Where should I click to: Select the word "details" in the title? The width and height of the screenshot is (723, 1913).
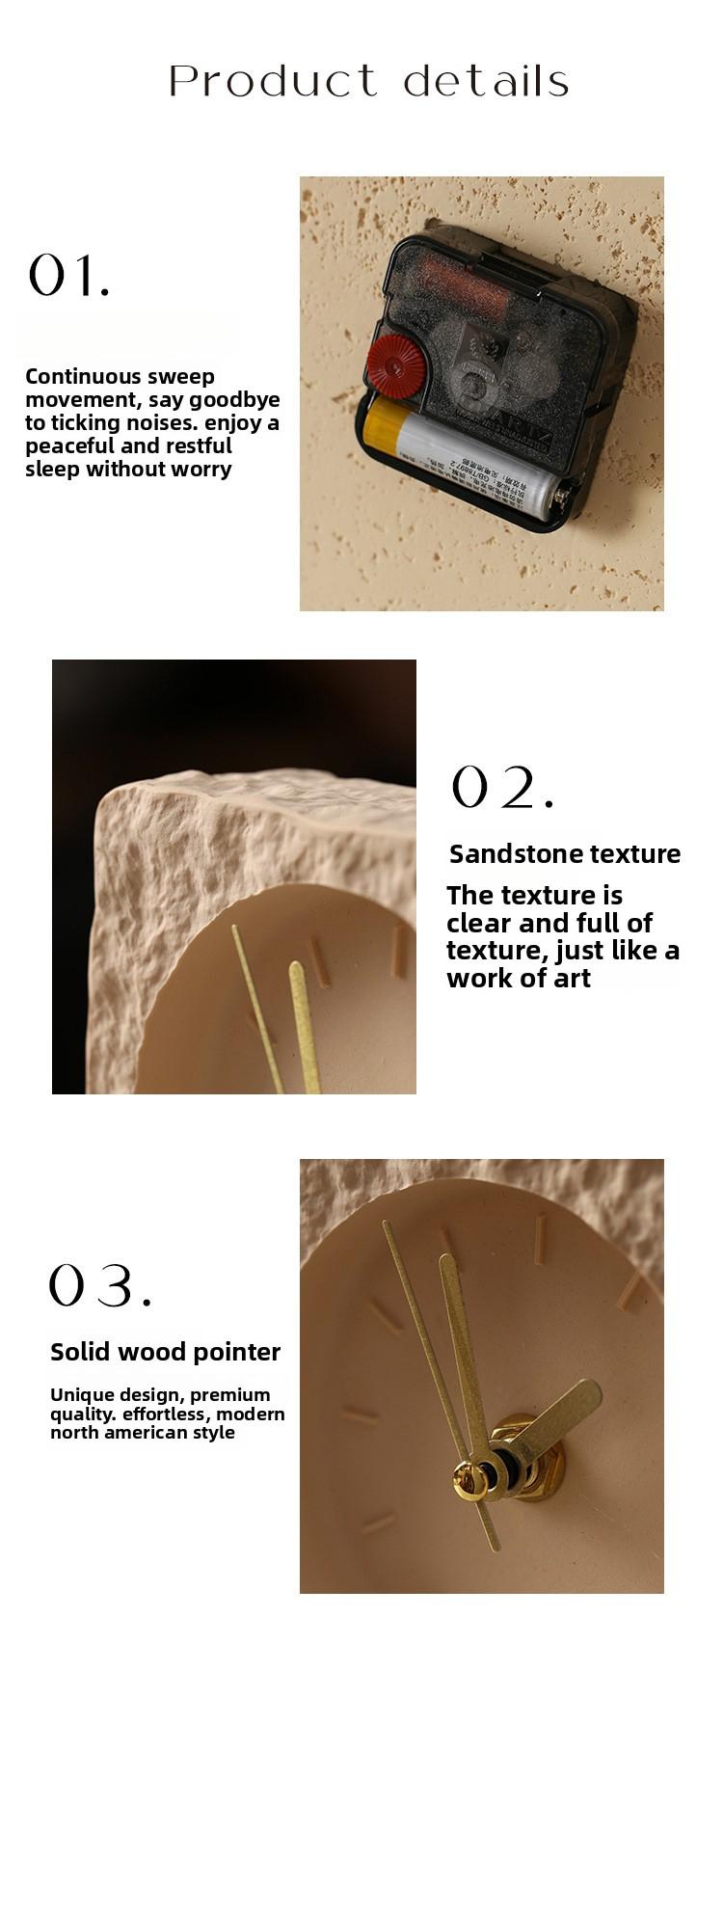486,81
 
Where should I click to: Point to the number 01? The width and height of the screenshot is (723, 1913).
68,276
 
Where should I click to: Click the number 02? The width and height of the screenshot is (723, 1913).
502,788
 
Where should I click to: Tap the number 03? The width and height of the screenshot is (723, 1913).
99,1285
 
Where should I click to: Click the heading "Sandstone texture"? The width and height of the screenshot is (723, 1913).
565,854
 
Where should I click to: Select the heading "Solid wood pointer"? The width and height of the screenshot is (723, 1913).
165,1352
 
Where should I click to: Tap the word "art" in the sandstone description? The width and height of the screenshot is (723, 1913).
572,978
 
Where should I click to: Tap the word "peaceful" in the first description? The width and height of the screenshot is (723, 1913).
67,445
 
